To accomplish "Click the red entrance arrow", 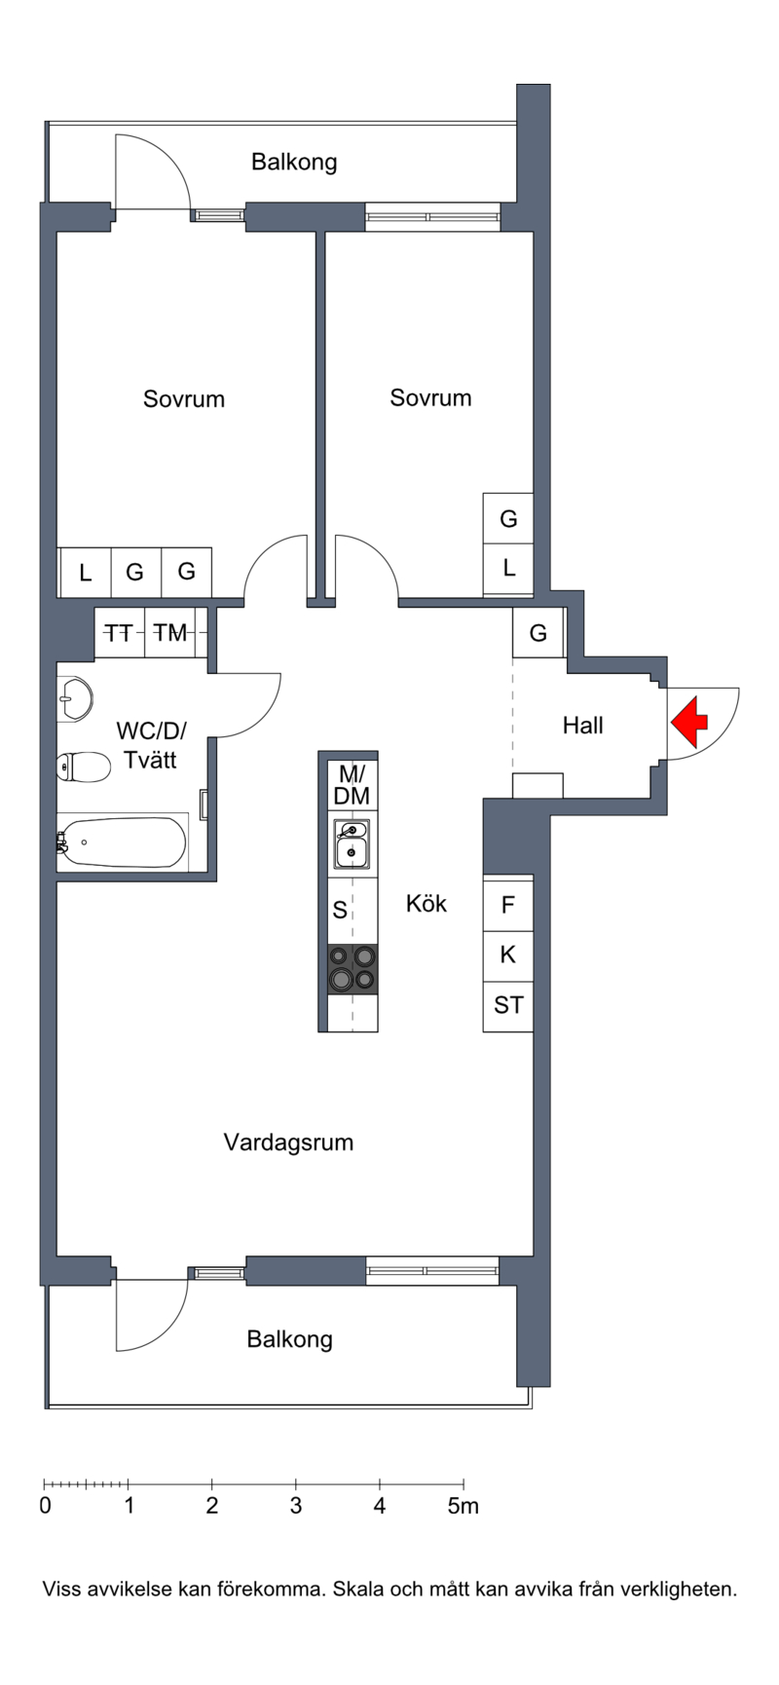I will pyautogui.click(x=690, y=722).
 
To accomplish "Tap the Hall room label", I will pyautogui.click(x=582, y=726).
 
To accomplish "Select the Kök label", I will pyautogui.click(x=427, y=904).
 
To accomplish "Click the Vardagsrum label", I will pyautogui.click(x=288, y=1142).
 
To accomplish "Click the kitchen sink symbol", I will pyautogui.click(x=352, y=843).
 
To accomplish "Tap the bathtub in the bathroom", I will pyautogui.click(x=122, y=842).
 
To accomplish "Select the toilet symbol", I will pyautogui.click(x=82, y=767).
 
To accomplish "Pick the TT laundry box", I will pyautogui.click(x=119, y=633).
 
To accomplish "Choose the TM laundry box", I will pyautogui.click(x=170, y=633).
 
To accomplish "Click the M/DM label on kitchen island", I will pyautogui.click(x=352, y=785).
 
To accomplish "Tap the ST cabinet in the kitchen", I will pyautogui.click(x=508, y=1005).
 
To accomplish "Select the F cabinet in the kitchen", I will pyautogui.click(x=508, y=905).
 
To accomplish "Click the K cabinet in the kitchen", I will pyautogui.click(x=508, y=955).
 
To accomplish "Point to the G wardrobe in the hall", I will pyautogui.click(x=538, y=633).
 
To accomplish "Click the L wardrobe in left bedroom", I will pyautogui.click(x=85, y=573).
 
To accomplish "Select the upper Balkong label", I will pyautogui.click(x=294, y=162).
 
